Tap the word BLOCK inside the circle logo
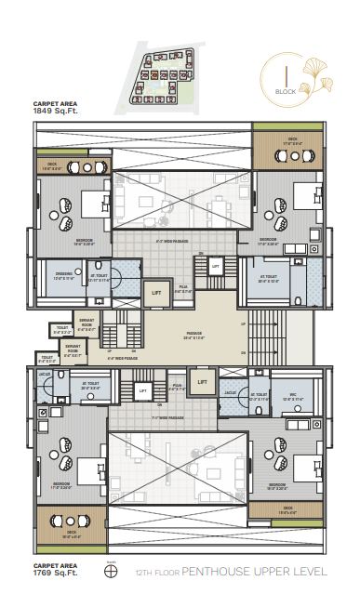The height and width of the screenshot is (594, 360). pos(286,91)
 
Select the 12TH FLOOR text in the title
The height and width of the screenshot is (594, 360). pos(158,573)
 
